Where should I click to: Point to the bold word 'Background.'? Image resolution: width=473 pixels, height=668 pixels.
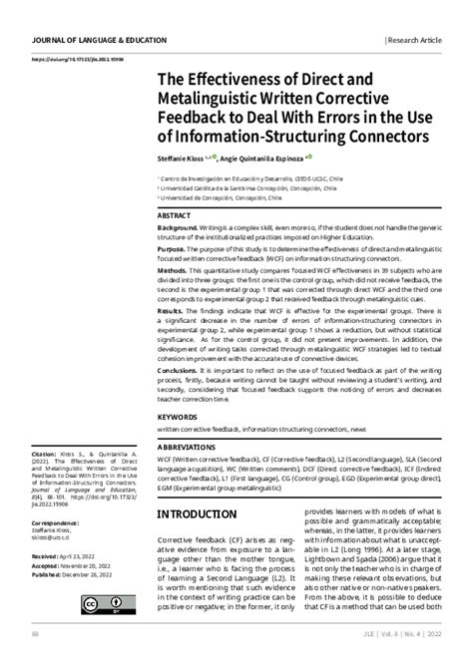point(178,228)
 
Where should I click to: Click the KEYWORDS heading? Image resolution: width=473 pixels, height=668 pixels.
point(177,416)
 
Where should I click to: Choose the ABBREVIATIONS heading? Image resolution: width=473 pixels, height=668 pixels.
point(191,448)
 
